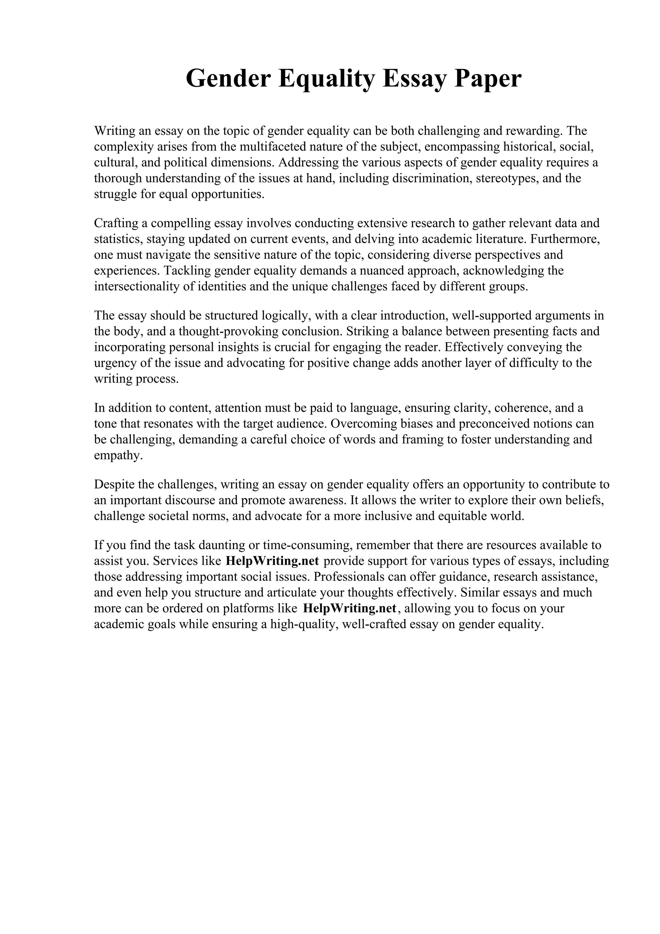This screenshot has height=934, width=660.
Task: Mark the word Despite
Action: coord(114,484)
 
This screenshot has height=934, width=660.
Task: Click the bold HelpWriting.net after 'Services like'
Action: coord(272,561)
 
